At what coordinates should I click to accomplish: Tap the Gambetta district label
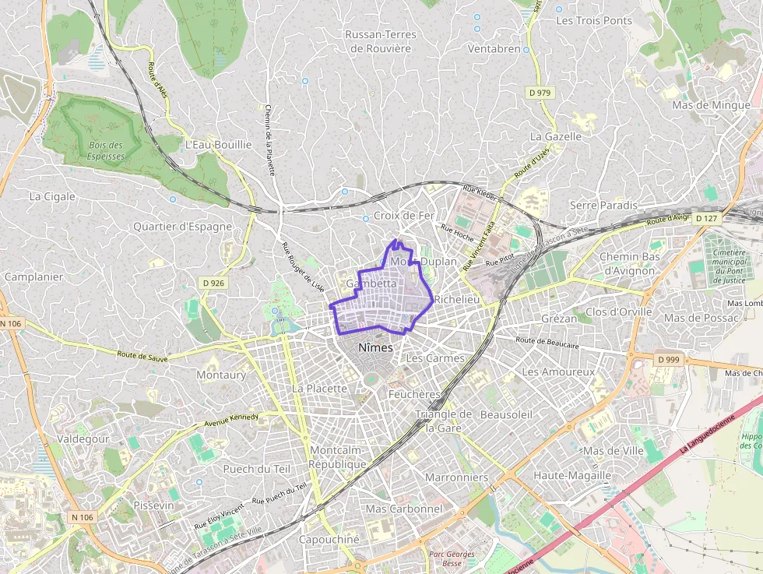click(371, 284)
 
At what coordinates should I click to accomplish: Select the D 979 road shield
click(539, 93)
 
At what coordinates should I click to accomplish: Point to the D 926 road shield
click(211, 283)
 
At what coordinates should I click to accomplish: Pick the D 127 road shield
click(705, 218)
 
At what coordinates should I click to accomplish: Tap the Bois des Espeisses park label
click(107, 150)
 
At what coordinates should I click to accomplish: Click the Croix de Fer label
click(404, 216)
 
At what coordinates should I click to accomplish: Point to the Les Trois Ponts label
click(594, 20)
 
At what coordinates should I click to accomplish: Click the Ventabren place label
click(494, 48)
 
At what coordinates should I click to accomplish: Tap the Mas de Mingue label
click(711, 105)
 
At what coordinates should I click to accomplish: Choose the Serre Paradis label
click(603, 205)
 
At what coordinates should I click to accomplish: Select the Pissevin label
click(153, 505)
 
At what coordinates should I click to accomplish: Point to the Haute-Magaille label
click(572, 475)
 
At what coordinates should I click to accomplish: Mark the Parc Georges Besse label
click(452, 558)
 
